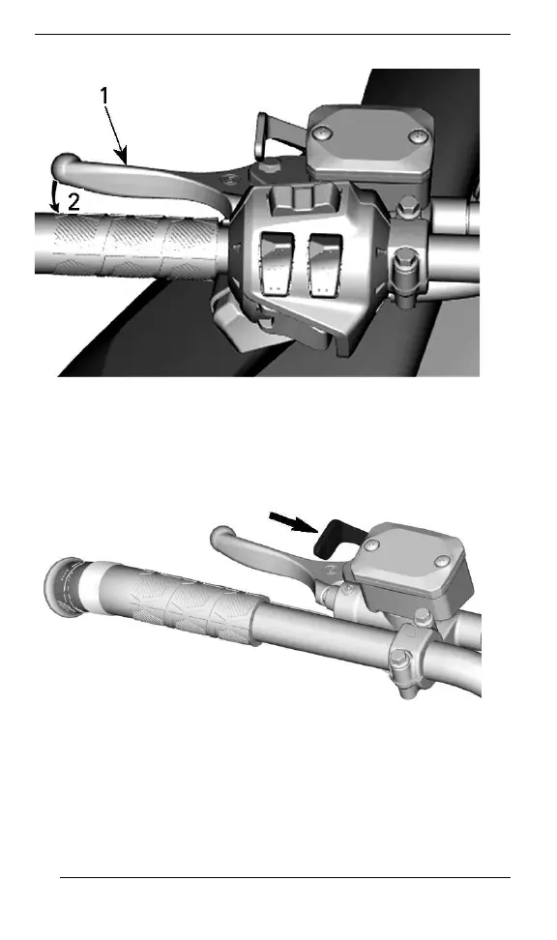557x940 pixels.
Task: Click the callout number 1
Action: (x=104, y=96)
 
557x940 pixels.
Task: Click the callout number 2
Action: (x=73, y=202)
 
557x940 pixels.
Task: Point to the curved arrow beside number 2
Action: (x=56, y=196)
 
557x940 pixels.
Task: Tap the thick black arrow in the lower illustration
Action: (x=293, y=521)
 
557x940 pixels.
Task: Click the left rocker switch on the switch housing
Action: (x=278, y=264)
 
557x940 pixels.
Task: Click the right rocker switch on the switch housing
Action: (x=327, y=264)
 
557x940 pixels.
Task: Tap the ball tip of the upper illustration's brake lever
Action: (x=66, y=165)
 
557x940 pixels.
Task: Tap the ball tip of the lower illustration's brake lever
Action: (x=221, y=536)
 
